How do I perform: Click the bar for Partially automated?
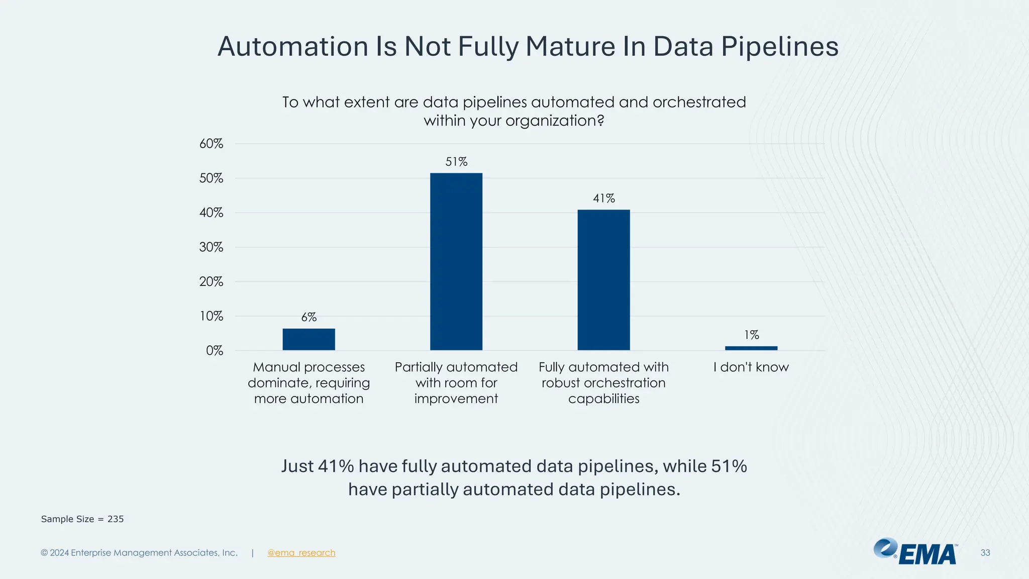tap(456, 261)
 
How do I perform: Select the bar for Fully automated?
tap(603, 279)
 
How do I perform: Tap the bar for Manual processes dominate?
tap(308, 339)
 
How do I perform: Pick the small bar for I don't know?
tap(751, 348)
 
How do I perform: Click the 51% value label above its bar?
tap(456, 162)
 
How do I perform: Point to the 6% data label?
tap(308, 317)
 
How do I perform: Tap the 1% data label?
tap(751, 335)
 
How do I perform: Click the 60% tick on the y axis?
tap(211, 144)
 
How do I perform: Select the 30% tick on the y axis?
tap(211, 247)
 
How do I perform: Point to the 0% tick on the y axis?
tap(214, 351)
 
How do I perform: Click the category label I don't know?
tap(751, 367)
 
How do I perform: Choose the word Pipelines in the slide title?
tap(780, 46)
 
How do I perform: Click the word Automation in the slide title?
tap(293, 46)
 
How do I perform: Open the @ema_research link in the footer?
tap(301, 553)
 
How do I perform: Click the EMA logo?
tap(915, 552)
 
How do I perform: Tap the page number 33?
tap(985, 553)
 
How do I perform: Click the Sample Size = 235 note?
tap(82, 519)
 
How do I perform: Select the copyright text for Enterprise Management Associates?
tap(139, 553)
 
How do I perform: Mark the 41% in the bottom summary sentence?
tap(336, 466)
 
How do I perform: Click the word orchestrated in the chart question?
tap(699, 103)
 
